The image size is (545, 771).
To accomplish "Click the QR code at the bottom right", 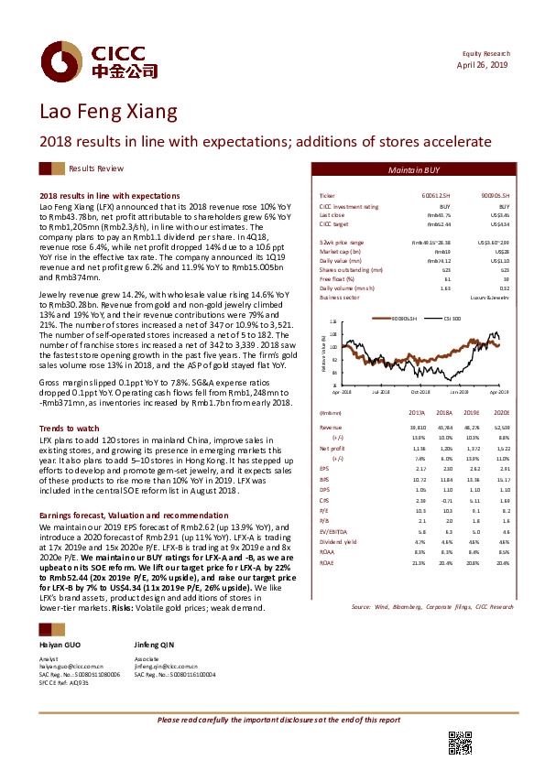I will (459, 744).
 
